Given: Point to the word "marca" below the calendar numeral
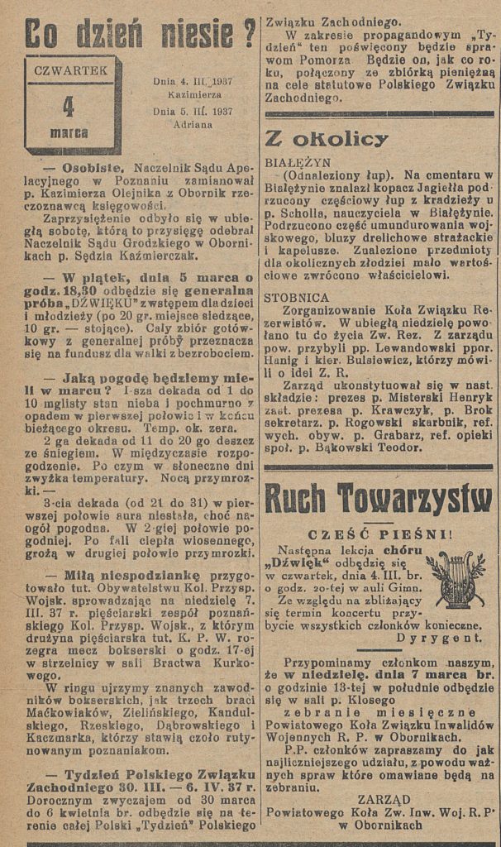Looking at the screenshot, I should coord(69,132).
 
